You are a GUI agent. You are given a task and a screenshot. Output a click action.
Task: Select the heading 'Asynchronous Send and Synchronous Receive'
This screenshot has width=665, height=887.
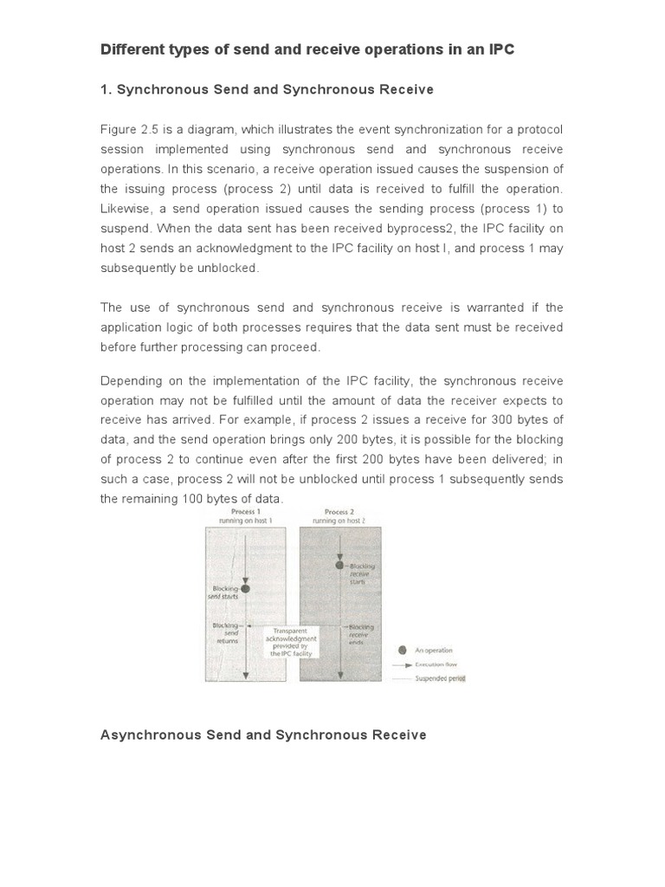pyautogui.click(x=263, y=735)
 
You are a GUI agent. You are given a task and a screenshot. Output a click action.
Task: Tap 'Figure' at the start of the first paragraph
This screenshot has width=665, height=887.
pyautogui.click(x=118, y=130)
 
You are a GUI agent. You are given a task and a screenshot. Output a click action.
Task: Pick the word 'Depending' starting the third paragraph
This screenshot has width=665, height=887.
pyautogui.click(x=130, y=381)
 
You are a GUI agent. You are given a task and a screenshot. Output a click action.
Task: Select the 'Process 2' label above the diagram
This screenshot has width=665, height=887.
pyautogui.click(x=337, y=512)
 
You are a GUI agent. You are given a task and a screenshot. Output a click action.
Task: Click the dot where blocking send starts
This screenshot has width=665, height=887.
pyautogui.click(x=246, y=589)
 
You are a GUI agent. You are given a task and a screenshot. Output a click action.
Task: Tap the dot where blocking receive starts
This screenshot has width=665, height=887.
pyautogui.click(x=340, y=566)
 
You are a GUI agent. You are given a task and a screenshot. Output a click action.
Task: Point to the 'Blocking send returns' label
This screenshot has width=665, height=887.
pyautogui.click(x=226, y=634)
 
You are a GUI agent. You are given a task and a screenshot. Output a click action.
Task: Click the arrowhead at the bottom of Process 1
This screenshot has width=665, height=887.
pyautogui.click(x=246, y=673)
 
